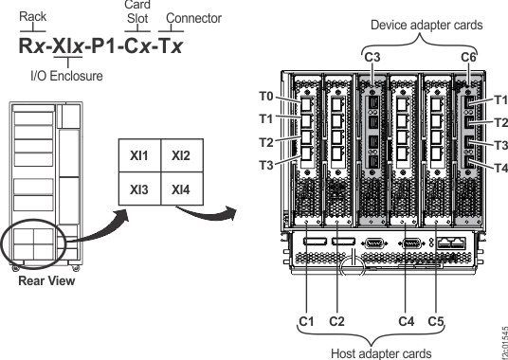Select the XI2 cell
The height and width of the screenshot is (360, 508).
point(181,154)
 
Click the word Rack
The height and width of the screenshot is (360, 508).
point(33,17)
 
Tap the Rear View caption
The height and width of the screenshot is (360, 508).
point(43,279)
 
